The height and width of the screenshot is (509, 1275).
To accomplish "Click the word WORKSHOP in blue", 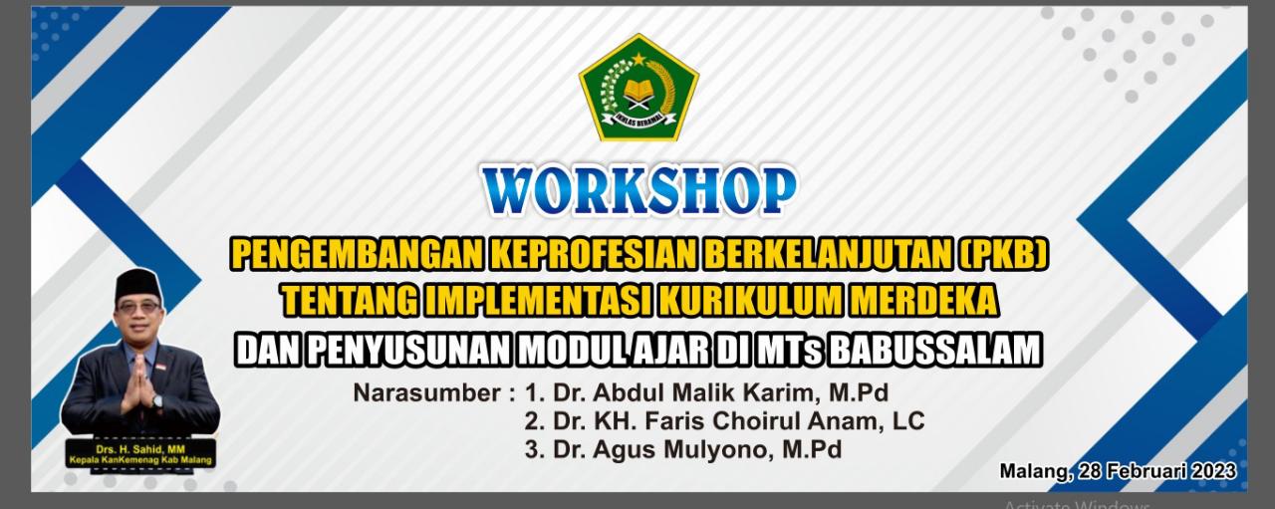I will click(638, 190).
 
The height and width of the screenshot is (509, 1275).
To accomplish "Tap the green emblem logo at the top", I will click(638, 88).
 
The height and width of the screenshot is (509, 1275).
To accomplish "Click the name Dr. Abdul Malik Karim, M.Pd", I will click(706, 392).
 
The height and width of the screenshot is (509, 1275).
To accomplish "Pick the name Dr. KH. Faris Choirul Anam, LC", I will click(724, 421).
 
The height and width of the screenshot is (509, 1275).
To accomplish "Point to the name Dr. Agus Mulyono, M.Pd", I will click(682, 450).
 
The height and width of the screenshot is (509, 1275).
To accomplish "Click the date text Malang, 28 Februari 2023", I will click(1118, 470).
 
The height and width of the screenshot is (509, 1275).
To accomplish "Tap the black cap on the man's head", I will click(137, 285).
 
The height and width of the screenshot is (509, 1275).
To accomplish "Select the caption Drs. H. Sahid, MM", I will click(140, 449).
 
